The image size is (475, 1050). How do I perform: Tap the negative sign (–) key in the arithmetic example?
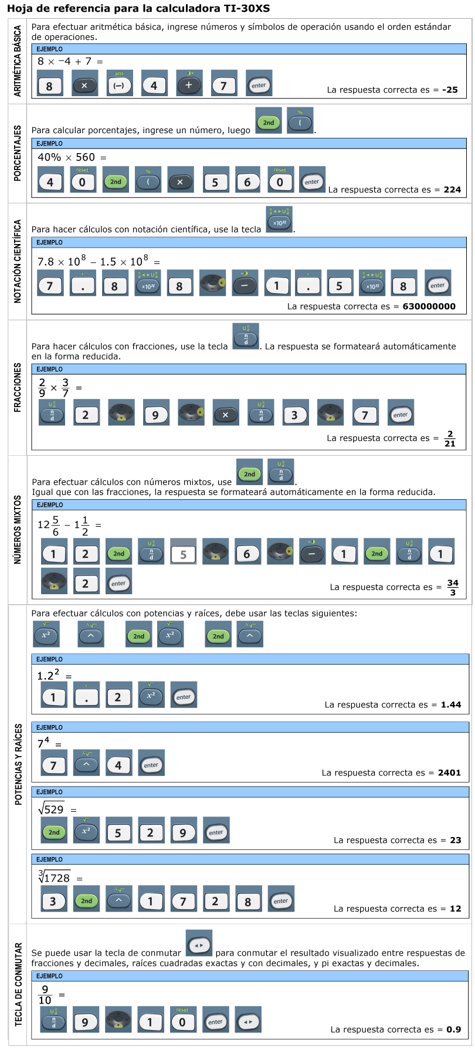(x=119, y=83)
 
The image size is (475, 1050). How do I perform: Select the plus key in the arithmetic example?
(x=189, y=83)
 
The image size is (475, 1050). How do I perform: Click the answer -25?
(x=450, y=90)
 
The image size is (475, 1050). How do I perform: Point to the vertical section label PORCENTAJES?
(x=18, y=153)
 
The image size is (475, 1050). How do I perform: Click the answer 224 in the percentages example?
(x=452, y=189)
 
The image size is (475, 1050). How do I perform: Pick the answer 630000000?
(x=429, y=306)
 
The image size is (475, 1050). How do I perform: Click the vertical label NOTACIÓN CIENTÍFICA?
(x=18, y=261)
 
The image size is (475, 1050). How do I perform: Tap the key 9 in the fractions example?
(x=155, y=413)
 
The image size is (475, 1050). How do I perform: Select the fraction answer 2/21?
(x=450, y=439)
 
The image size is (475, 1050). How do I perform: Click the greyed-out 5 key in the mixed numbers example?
(x=184, y=553)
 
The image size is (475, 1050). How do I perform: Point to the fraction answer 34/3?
(x=453, y=588)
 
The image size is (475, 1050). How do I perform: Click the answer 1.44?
(x=451, y=704)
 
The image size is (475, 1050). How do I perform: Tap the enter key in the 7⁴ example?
(x=151, y=764)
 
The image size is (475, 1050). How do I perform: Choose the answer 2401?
(x=449, y=773)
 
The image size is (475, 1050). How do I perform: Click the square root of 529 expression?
(x=51, y=809)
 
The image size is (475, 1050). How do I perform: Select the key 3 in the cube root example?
(x=54, y=900)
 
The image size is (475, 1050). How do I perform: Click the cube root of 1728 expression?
(x=54, y=876)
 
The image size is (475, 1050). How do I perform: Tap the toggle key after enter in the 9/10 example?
(x=248, y=1021)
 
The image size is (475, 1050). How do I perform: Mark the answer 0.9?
(x=454, y=1029)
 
